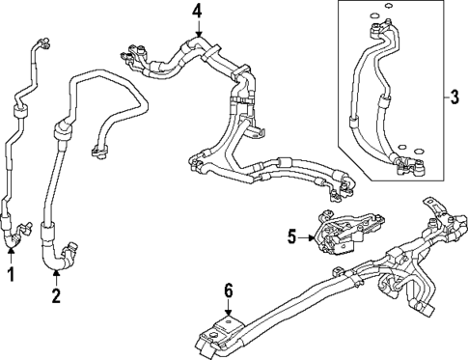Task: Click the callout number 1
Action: (12, 277)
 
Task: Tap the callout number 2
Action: (55, 296)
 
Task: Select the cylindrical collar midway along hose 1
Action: (18, 115)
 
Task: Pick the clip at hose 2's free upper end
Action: (96, 149)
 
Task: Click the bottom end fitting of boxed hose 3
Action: (410, 166)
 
